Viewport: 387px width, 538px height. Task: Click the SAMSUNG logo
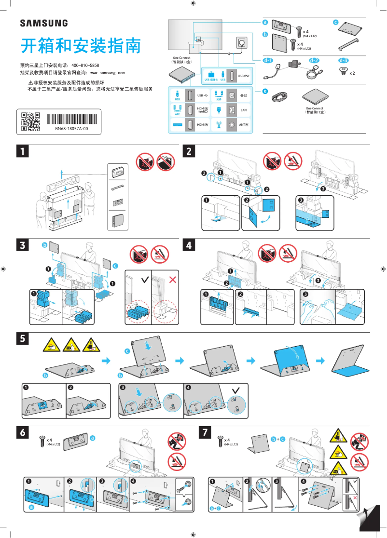(43, 23)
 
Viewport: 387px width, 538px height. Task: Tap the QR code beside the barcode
(30, 121)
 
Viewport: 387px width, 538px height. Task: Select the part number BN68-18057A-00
(71, 129)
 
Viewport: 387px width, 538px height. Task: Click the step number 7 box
(206, 433)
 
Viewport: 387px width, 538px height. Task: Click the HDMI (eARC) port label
(203, 110)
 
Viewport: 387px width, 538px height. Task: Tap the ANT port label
(244, 125)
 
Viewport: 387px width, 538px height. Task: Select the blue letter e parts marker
(265, 91)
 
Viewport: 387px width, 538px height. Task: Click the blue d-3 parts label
(343, 61)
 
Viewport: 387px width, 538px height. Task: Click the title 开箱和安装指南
(81, 46)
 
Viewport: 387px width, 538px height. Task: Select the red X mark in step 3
(172, 280)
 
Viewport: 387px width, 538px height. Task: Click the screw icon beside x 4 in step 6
(41, 440)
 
